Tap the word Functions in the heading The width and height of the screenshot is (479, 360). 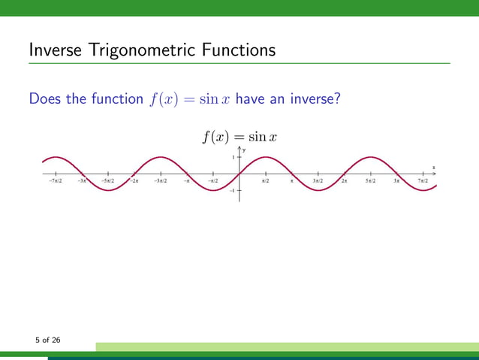pos(236,51)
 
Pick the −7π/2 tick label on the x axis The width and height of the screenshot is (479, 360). pos(55,181)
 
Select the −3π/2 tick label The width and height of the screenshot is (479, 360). pos(160,181)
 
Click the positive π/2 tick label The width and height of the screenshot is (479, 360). pos(266,181)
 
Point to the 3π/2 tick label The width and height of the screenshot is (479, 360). pos(318,181)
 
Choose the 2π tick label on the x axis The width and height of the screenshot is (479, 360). pos(345,181)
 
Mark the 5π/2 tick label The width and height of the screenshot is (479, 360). pos(371,181)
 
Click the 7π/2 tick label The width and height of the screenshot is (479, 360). pos(423,181)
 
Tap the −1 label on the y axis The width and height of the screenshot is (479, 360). pos(233,191)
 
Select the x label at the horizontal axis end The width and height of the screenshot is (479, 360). pos(433,168)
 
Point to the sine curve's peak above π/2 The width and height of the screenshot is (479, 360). pos(266,157)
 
